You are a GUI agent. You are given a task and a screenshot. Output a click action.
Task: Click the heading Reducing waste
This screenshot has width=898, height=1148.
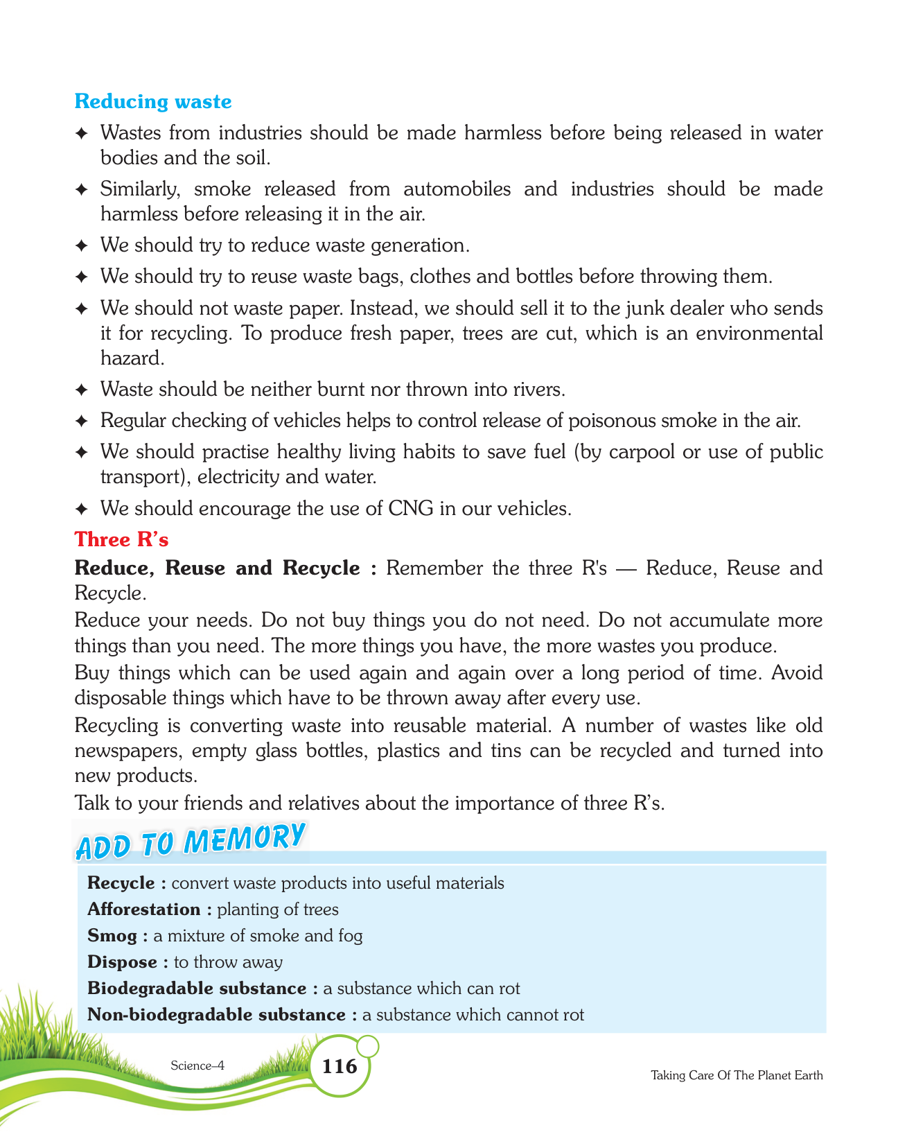point(152,102)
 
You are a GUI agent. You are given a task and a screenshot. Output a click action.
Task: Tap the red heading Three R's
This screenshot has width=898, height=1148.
point(122,539)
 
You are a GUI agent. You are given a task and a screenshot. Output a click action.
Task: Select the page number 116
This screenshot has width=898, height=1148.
point(340,1066)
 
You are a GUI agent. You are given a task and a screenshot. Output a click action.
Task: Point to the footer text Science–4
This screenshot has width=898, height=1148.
point(197,1066)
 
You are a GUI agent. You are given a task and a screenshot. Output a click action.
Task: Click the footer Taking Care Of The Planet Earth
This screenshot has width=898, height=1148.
point(737,1075)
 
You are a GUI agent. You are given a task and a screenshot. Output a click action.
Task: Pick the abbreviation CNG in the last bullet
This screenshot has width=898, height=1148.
point(411,509)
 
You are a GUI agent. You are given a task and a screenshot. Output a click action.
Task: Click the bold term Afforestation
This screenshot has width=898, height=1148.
point(143,910)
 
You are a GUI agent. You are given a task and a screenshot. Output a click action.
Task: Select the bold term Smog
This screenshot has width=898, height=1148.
point(112,936)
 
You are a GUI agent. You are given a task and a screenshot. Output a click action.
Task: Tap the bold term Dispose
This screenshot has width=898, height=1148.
point(123,962)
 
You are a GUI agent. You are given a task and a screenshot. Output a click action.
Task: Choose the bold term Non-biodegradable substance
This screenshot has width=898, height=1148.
point(216,1015)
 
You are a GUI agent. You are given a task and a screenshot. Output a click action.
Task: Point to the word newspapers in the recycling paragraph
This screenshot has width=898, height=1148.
point(128,751)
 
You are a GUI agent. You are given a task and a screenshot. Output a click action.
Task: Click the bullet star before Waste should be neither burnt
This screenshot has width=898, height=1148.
point(81,390)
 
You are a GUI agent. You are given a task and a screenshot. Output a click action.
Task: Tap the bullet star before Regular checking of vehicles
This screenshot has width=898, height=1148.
point(81,421)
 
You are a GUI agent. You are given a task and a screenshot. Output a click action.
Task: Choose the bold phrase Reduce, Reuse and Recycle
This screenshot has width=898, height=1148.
point(218,568)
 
